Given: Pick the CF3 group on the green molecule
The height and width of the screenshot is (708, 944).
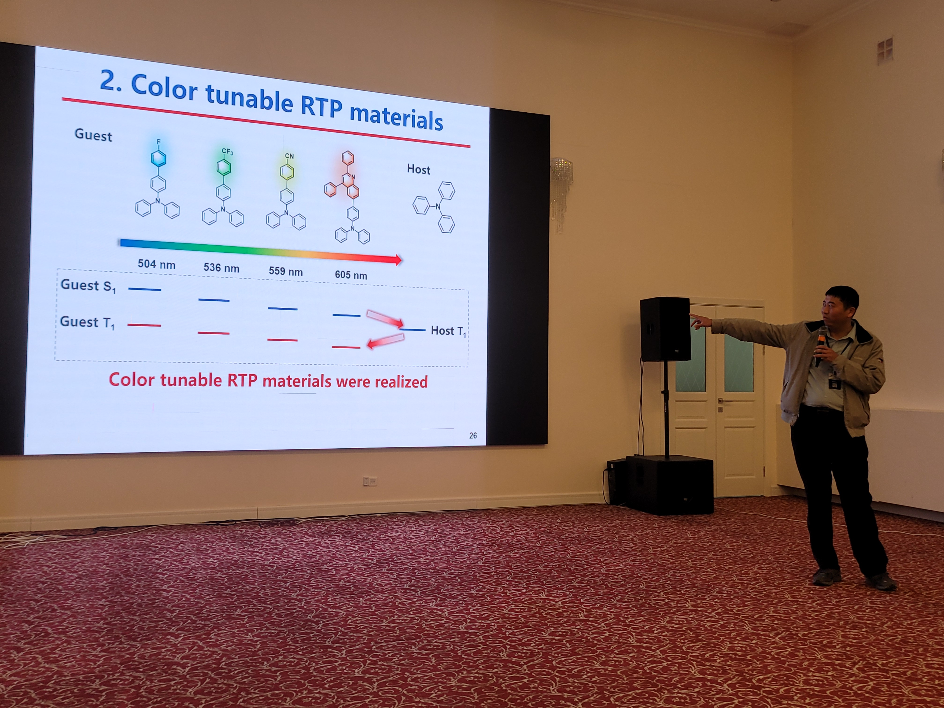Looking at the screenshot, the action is click(227, 152).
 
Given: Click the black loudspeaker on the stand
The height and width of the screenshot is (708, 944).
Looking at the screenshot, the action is click(665, 329).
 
